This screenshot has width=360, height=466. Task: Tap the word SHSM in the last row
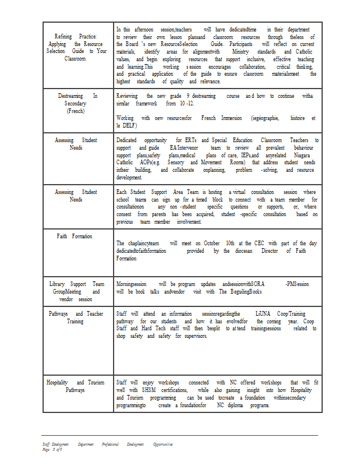(x=148, y=390)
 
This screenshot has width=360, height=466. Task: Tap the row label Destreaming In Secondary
(x=77, y=103)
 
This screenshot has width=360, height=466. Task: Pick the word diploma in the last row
(x=240, y=405)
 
